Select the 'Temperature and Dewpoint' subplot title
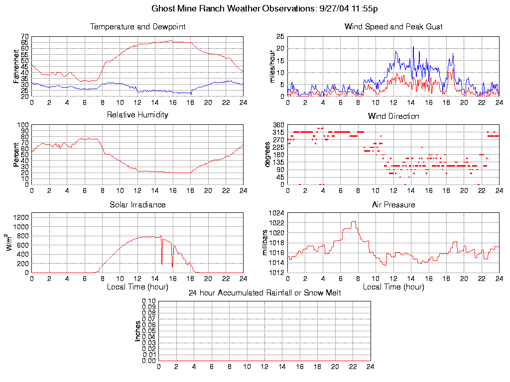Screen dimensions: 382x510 [x=137, y=26]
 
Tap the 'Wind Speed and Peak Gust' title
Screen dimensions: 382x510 [x=393, y=26]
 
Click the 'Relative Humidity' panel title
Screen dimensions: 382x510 [x=137, y=115]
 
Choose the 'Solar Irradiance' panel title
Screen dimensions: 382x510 [x=137, y=204]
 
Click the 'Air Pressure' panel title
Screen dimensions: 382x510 [x=393, y=204]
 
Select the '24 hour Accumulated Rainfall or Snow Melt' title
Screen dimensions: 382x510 [x=264, y=293]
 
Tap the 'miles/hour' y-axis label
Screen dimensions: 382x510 [x=272, y=67]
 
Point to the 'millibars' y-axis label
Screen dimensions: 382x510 [x=265, y=243]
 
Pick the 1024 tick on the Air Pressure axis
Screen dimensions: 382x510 [x=277, y=213]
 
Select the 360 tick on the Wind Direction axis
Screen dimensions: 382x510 [x=278, y=125]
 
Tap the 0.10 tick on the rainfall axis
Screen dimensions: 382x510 [x=149, y=301]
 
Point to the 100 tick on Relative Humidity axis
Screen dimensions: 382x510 [x=23, y=125]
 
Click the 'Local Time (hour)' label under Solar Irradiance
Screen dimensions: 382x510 [x=137, y=286]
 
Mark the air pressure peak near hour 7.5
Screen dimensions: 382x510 [x=354, y=221]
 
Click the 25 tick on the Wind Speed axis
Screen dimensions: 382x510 [x=279, y=36]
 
